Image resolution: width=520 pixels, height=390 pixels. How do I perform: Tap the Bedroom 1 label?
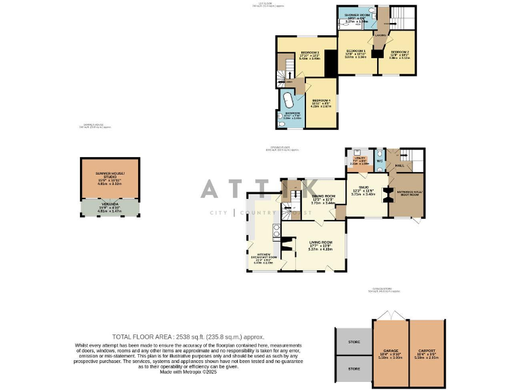click(356, 51)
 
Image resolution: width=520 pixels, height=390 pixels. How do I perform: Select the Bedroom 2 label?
click(399, 51)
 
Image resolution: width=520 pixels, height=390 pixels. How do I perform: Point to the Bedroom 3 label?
click(309, 52)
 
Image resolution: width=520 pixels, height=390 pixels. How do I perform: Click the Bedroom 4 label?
click(321, 100)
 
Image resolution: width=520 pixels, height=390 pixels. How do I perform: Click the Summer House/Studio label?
click(110, 175)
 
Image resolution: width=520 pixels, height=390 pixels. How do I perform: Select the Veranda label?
click(110, 204)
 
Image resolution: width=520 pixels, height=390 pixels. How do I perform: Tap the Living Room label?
click(321, 242)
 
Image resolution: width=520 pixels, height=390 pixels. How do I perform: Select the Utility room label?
click(359, 158)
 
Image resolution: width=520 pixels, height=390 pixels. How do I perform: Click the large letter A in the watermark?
click(210, 188)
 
